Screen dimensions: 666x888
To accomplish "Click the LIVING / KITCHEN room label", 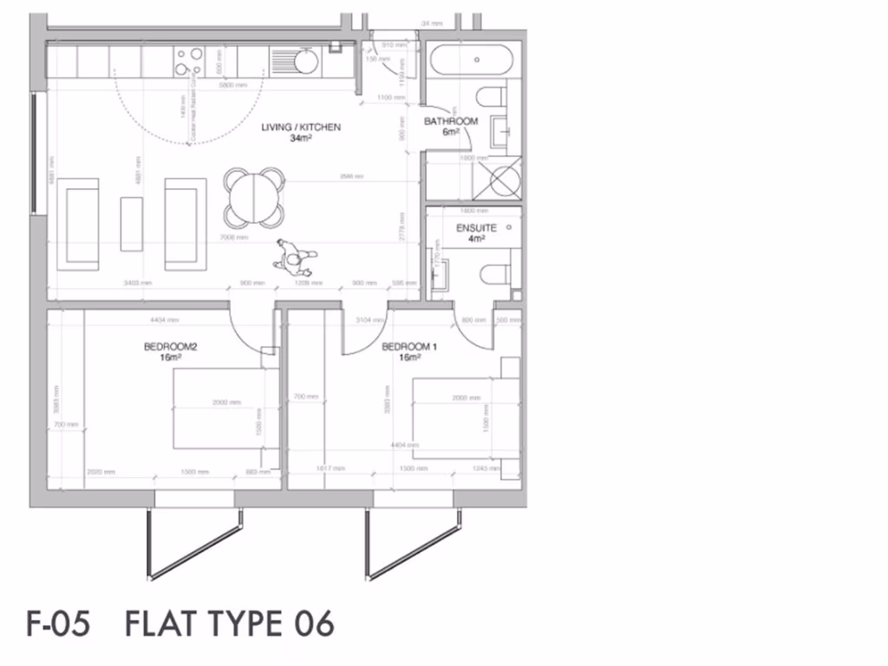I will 301,127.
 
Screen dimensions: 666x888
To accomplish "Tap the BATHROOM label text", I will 450,121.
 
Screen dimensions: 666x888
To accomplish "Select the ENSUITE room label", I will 476,228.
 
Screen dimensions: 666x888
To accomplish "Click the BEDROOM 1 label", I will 409,348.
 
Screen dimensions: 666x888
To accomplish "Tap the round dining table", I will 253,197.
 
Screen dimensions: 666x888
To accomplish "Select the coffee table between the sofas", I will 131,224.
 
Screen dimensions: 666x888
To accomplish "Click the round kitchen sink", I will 305,62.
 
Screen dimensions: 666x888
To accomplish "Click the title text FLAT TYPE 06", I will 230,624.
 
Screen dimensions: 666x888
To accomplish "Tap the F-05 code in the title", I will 58,624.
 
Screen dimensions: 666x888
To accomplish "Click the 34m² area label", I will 301,138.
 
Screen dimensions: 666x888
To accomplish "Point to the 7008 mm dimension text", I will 234,238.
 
